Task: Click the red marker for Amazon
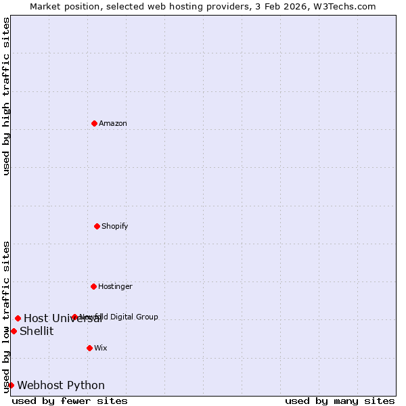pyautogui.click(x=95, y=123)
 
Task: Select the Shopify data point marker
pyautogui.click(x=97, y=226)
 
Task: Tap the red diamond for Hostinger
pyautogui.click(x=94, y=286)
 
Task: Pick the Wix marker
pyautogui.click(x=89, y=348)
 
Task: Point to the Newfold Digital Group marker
pyautogui.click(x=74, y=317)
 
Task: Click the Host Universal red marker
pyautogui.click(x=18, y=318)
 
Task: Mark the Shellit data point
pyautogui.click(x=14, y=331)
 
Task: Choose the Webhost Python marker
pyautogui.click(x=11, y=385)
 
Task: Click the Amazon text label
pyautogui.click(x=113, y=123)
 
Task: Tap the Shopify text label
pyautogui.click(x=115, y=226)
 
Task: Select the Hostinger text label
pyautogui.click(x=115, y=286)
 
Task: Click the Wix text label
pyautogui.click(x=101, y=348)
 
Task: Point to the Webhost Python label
pyautogui.click(x=61, y=385)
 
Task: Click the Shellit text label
pyautogui.click(x=37, y=331)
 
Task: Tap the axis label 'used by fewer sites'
pyautogui.click(x=70, y=401)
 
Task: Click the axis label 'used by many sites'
pyautogui.click(x=340, y=401)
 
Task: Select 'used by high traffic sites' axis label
pyautogui.click(x=6, y=96)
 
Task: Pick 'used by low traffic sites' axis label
pyautogui.click(x=6, y=317)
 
